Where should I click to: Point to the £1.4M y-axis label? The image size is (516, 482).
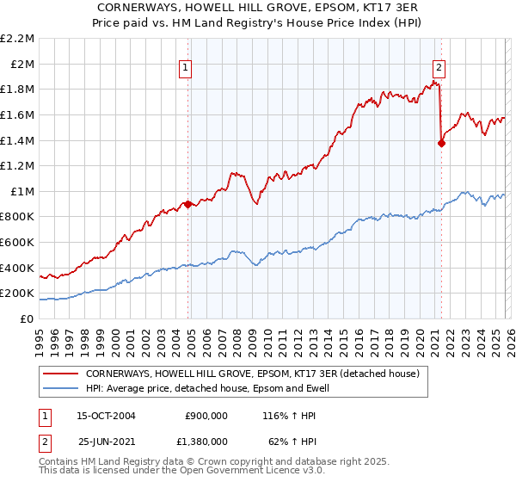pyautogui.click(x=18, y=140)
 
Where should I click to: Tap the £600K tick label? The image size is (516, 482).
pyautogui.click(x=18, y=243)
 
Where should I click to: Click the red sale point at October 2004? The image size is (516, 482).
pyautogui.click(x=187, y=204)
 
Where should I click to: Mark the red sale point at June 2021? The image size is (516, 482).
pyautogui.click(x=442, y=143)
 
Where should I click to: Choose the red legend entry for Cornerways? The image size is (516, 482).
pyautogui.click(x=251, y=374)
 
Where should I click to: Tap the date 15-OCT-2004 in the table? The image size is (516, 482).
pyautogui.click(x=107, y=415)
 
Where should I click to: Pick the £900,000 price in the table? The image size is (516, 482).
pyautogui.click(x=206, y=415)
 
